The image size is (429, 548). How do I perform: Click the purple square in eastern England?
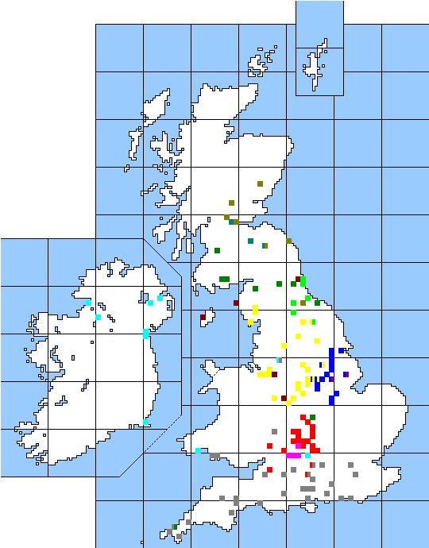[346, 374]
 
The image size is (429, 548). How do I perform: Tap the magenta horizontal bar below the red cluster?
[293, 456]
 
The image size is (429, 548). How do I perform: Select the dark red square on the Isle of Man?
[203, 317]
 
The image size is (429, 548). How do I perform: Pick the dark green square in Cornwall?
[175, 527]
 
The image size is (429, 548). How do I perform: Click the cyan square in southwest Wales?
[198, 450]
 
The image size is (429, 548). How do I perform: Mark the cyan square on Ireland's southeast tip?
[146, 422]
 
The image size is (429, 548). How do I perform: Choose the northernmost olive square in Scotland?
[260, 183]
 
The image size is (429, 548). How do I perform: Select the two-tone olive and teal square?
[265, 245]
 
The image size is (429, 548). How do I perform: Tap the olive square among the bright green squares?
[303, 303]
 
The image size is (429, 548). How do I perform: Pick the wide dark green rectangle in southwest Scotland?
[224, 279]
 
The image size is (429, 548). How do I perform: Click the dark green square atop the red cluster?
[312, 417]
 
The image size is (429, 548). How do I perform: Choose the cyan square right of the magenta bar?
[307, 456]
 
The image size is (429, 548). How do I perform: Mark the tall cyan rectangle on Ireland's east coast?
[146, 334]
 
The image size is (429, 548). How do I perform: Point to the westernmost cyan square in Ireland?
[87, 303]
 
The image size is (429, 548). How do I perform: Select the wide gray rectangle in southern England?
[307, 489]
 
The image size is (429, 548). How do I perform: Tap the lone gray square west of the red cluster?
[274, 431]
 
